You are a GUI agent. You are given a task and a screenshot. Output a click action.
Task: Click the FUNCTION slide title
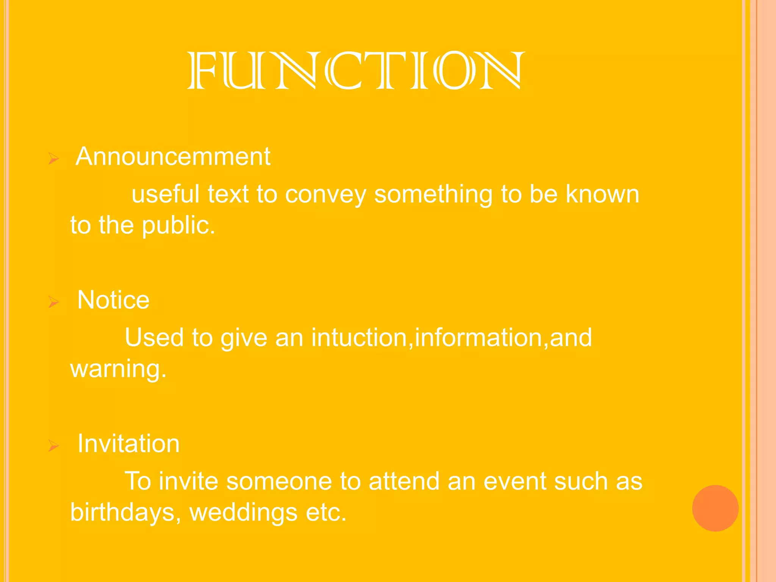click(x=356, y=70)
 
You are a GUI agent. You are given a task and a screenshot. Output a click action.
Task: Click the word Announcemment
click(x=173, y=156)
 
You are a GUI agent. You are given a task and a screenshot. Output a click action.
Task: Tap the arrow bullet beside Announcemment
click(x=53, y=158)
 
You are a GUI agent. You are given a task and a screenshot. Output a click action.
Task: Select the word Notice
click(x=113, y=300)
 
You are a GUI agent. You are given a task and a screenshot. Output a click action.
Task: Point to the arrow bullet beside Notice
click(x=53, y=302)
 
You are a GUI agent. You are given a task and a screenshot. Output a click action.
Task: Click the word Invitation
click(x=128, y=443)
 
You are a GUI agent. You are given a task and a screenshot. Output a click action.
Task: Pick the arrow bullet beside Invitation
click(x=53, y=446)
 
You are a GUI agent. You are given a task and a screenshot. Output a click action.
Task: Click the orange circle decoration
click(x=715, y=508)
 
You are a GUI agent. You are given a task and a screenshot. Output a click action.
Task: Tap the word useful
click(x=165, y=194)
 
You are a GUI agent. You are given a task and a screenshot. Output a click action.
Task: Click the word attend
click(x=404, y=481)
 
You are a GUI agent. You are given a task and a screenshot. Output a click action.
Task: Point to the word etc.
click(x=326, y=512)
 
